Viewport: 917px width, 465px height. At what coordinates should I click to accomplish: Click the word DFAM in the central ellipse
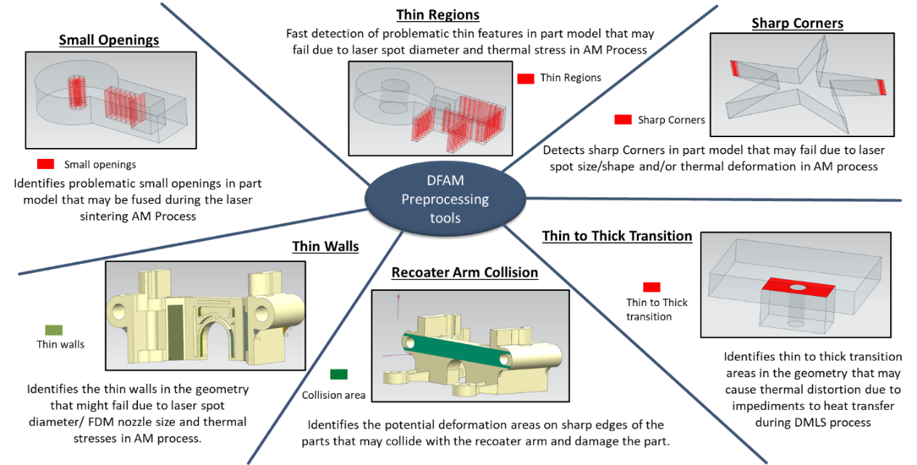coord(445,181)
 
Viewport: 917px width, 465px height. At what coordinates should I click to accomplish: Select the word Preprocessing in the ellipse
coord(445,199)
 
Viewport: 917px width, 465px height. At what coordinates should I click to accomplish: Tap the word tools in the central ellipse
coord(445,218)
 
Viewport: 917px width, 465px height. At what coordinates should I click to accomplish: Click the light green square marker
coord(54,330)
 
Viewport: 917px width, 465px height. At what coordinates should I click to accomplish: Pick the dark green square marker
coord(338,374)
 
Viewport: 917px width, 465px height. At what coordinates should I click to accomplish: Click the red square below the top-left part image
coord(46,165)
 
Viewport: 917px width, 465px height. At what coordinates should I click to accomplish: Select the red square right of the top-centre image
coord(525,79)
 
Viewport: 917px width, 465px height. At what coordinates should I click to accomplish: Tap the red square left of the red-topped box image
coord(651,287)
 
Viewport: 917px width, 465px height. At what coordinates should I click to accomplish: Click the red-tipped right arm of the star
coord(881,86)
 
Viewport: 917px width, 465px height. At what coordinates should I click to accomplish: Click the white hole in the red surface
coord(797,288)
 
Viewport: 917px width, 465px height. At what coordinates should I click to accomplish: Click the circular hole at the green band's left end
coord(412,340)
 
